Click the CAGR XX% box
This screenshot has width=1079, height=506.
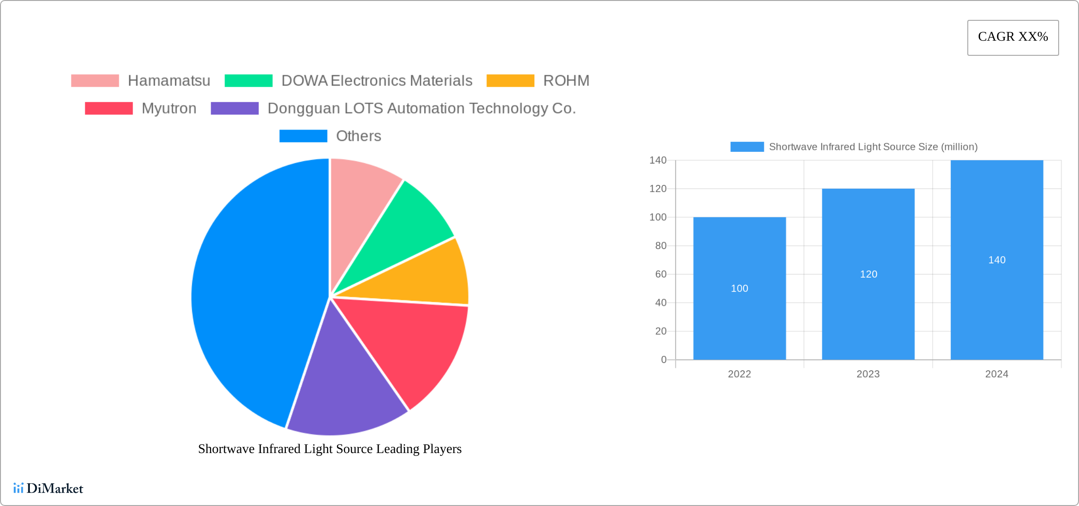[1013, 37]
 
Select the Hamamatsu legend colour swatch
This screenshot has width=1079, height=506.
[95, 81]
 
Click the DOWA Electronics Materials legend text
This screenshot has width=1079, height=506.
[377, 81]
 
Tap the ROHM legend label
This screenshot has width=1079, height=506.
[566, 81]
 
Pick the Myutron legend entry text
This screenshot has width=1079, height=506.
[169, 108]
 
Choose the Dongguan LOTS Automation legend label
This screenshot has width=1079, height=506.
[421, 108]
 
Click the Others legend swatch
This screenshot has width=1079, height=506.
[303, 136]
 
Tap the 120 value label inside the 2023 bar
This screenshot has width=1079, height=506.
[868, 274]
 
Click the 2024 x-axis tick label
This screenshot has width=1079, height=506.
[997, 374]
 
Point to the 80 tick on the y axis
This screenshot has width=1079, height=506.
[661, 246]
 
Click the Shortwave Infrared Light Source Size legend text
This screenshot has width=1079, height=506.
[873, 147]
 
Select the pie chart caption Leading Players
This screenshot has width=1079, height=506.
[329, 449]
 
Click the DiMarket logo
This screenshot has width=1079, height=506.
[48, 488]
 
